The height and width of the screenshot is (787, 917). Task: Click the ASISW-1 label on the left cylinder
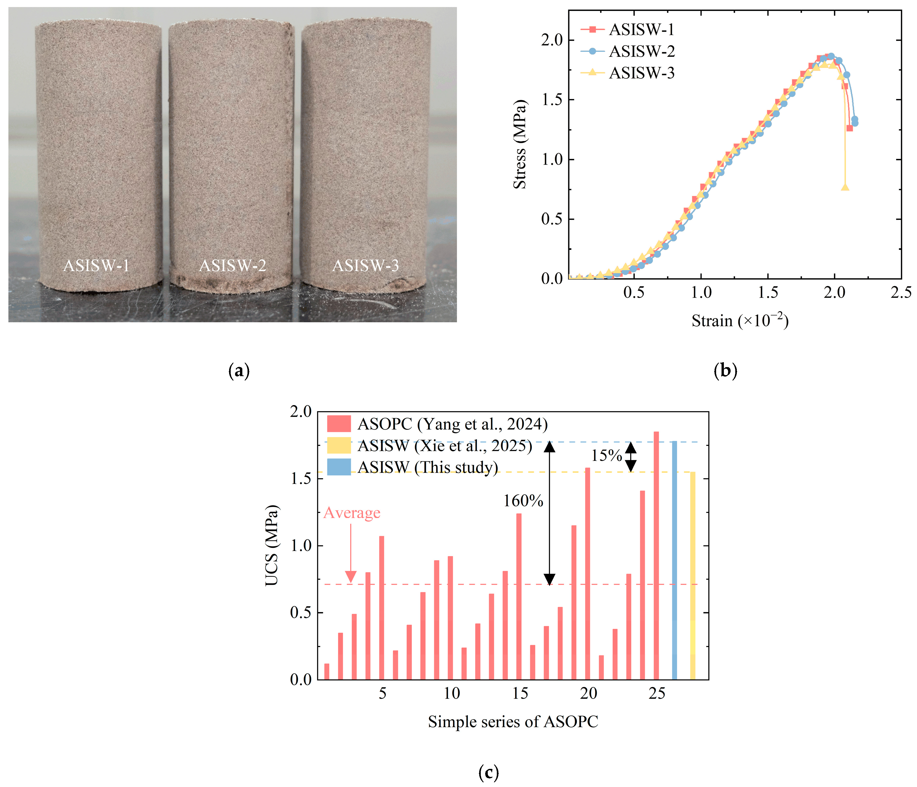tap(96, 266)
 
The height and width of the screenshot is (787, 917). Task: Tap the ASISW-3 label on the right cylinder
tap(366, 266)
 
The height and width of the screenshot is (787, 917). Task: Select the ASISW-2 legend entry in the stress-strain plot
tap(642, 51)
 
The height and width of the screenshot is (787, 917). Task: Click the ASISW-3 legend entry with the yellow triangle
tap(642, 73)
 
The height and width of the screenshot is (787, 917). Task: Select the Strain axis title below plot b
tap(740, 320)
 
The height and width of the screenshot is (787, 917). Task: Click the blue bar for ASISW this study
tap(674, 560)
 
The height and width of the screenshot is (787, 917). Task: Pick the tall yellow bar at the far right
tap(693, 575)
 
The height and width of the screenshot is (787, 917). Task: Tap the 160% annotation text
tap(523, 501)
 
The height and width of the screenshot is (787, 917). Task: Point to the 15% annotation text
tap(607, 455)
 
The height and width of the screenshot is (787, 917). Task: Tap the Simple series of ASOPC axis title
tap(513, 722)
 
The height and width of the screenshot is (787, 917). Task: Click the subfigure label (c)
tap(489, 773)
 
